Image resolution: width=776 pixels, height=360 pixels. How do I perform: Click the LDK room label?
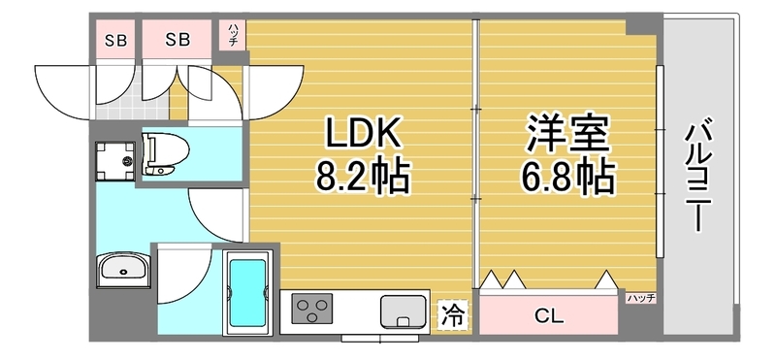[x=362, y=134]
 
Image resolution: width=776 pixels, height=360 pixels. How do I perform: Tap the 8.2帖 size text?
[x=363, y=177]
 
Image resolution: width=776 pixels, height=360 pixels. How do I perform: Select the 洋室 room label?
[x=567, y=134]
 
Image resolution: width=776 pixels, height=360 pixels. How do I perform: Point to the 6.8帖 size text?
[x=568, y=177]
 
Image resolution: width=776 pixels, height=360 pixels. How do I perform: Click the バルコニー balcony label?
[x=698, y=175]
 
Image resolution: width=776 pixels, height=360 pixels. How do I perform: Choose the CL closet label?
[x=549, y=316]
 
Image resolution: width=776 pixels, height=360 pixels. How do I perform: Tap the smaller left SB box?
[x=115, y=40]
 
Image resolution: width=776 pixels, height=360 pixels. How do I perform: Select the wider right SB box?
[x=178, y=40]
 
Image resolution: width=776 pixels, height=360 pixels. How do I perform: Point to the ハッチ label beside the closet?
[x=641, y=298]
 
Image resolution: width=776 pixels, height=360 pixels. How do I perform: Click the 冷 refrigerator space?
[x=453, y=314]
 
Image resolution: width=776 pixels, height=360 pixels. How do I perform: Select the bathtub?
[x=247, y=293]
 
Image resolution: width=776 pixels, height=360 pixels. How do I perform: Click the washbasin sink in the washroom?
[x=123, y=270]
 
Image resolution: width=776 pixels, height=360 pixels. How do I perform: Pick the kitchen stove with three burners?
[x=311, y=309]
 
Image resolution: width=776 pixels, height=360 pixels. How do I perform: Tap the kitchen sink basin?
[x=404, y=311]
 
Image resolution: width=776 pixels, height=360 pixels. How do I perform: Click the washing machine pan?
[x=115, y=160]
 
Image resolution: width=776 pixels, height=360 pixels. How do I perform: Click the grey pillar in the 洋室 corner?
[x=641, y=27]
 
